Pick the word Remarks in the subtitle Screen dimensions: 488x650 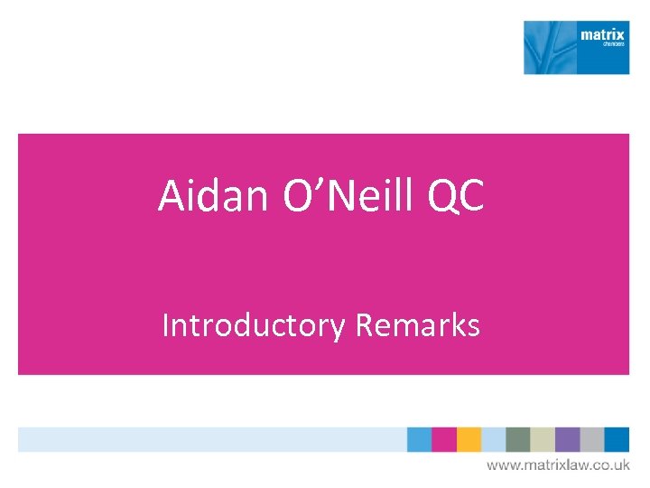tap(417, 324)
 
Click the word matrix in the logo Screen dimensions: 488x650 tap(602, 35)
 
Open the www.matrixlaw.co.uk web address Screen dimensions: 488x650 tap(558, 465)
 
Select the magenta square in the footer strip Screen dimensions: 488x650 tap(444, 439)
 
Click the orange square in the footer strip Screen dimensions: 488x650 tap(469, 439)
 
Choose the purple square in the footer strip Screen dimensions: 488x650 tap(567, 439)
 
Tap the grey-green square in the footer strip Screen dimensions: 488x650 tap(517, 439)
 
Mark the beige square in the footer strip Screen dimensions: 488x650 tap(543, 439)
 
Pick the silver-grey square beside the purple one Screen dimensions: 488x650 tap(591, 439)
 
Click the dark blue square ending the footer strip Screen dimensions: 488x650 tap(617, 439)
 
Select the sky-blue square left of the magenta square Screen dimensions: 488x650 tap(419, 439)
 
